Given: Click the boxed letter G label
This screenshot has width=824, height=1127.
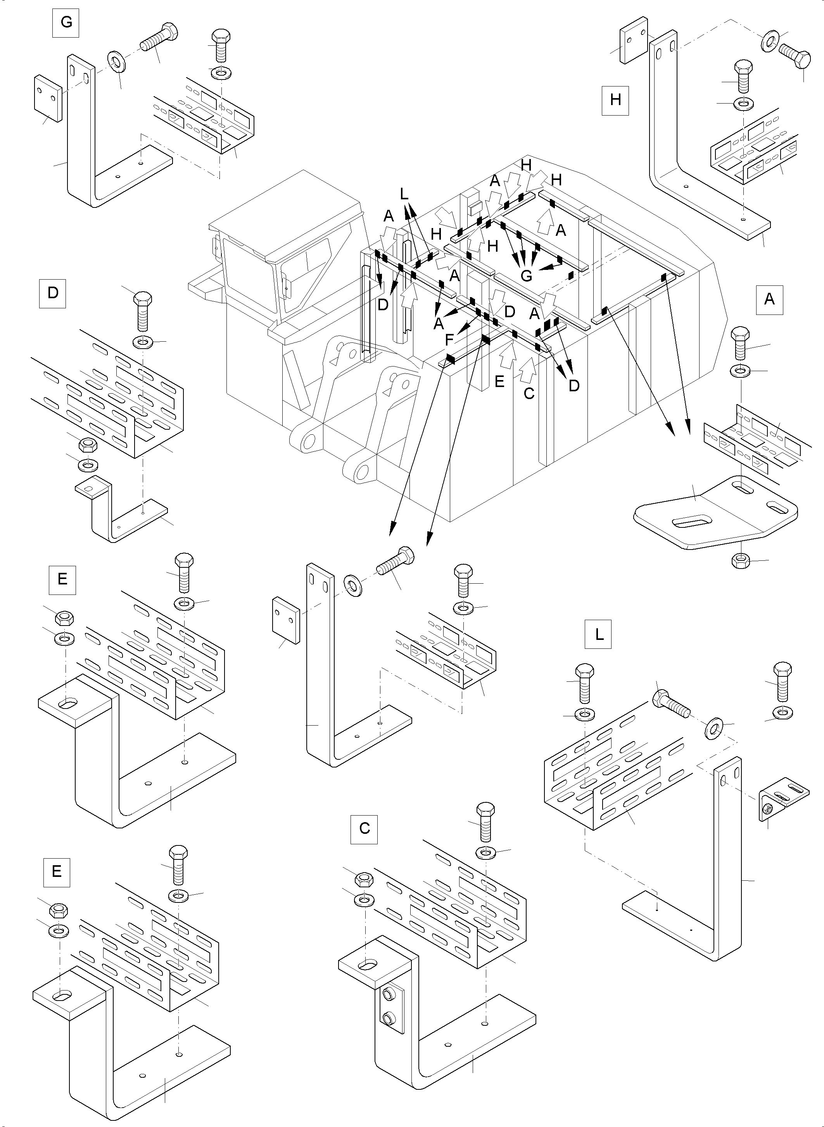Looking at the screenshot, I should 66,23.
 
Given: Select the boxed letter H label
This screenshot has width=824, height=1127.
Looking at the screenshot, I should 615,100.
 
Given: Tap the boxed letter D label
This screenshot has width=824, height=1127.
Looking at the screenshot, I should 52,293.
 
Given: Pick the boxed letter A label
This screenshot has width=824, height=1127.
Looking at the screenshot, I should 769,299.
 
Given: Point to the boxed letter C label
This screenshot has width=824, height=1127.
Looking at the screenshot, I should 364,829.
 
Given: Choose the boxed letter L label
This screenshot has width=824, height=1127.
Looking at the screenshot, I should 598,634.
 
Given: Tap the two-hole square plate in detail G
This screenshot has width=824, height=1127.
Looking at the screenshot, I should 48,98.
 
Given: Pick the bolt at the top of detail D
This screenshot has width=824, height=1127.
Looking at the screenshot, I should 142,311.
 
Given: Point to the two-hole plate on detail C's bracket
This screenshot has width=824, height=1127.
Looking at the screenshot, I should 390,1009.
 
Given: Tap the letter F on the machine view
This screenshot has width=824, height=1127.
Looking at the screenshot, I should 449,340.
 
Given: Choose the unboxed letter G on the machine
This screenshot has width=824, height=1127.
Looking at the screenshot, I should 526,275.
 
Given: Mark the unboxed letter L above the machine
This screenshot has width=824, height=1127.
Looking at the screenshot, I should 404,193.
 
